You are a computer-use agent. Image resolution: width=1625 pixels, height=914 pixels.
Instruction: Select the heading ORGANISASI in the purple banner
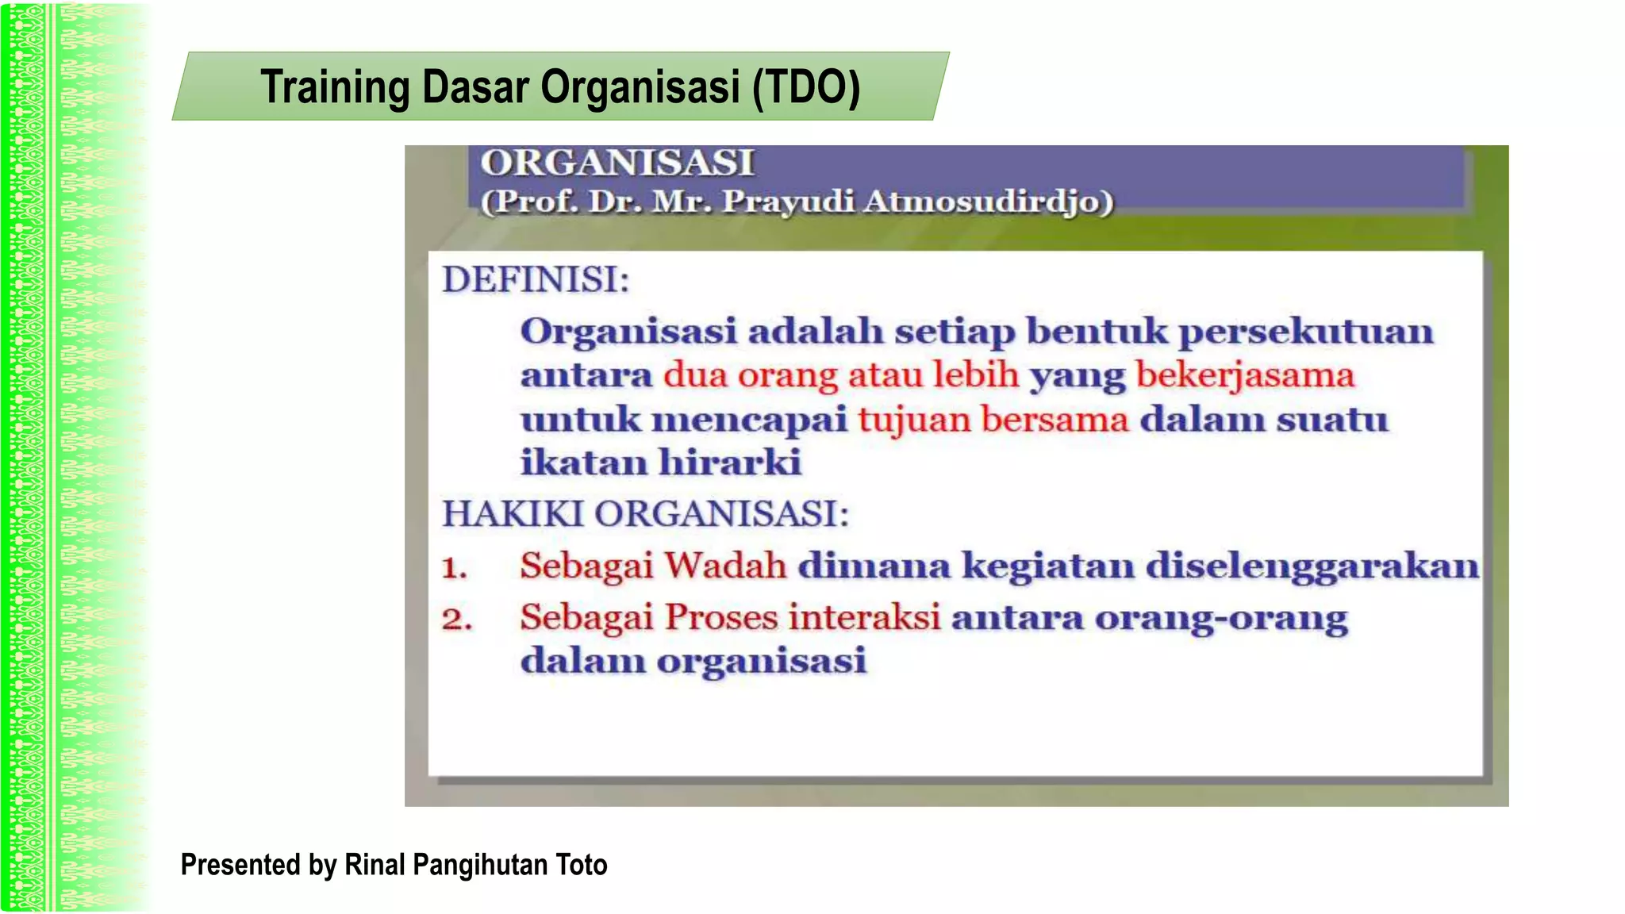(617, 163)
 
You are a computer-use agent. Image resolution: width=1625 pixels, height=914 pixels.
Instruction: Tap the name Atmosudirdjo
(989, 202)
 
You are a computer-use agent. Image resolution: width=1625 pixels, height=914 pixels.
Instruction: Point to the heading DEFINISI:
(536, 280)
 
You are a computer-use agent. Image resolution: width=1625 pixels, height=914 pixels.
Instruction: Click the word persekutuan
(1306, 332)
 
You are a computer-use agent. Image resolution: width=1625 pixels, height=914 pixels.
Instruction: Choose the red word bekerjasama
(1244, 375)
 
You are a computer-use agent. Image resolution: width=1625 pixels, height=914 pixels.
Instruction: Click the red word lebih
(975, 374)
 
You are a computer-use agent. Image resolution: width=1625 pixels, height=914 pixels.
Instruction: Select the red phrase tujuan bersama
(993, 419)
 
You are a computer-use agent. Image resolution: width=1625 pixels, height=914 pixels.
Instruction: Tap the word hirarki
(730, 463)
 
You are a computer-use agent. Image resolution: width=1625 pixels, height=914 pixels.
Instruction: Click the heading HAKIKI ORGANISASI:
(645, 514)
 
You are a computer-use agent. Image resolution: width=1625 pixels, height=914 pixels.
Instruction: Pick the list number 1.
(454, 568)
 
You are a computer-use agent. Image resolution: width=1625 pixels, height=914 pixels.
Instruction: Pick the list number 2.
(456, 620)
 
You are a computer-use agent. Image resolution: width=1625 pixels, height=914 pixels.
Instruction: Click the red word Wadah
(725, 566)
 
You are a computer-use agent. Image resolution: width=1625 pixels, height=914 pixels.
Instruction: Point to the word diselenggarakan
(1312, 566)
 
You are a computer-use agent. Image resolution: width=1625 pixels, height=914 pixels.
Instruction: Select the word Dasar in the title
(474, 87)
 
